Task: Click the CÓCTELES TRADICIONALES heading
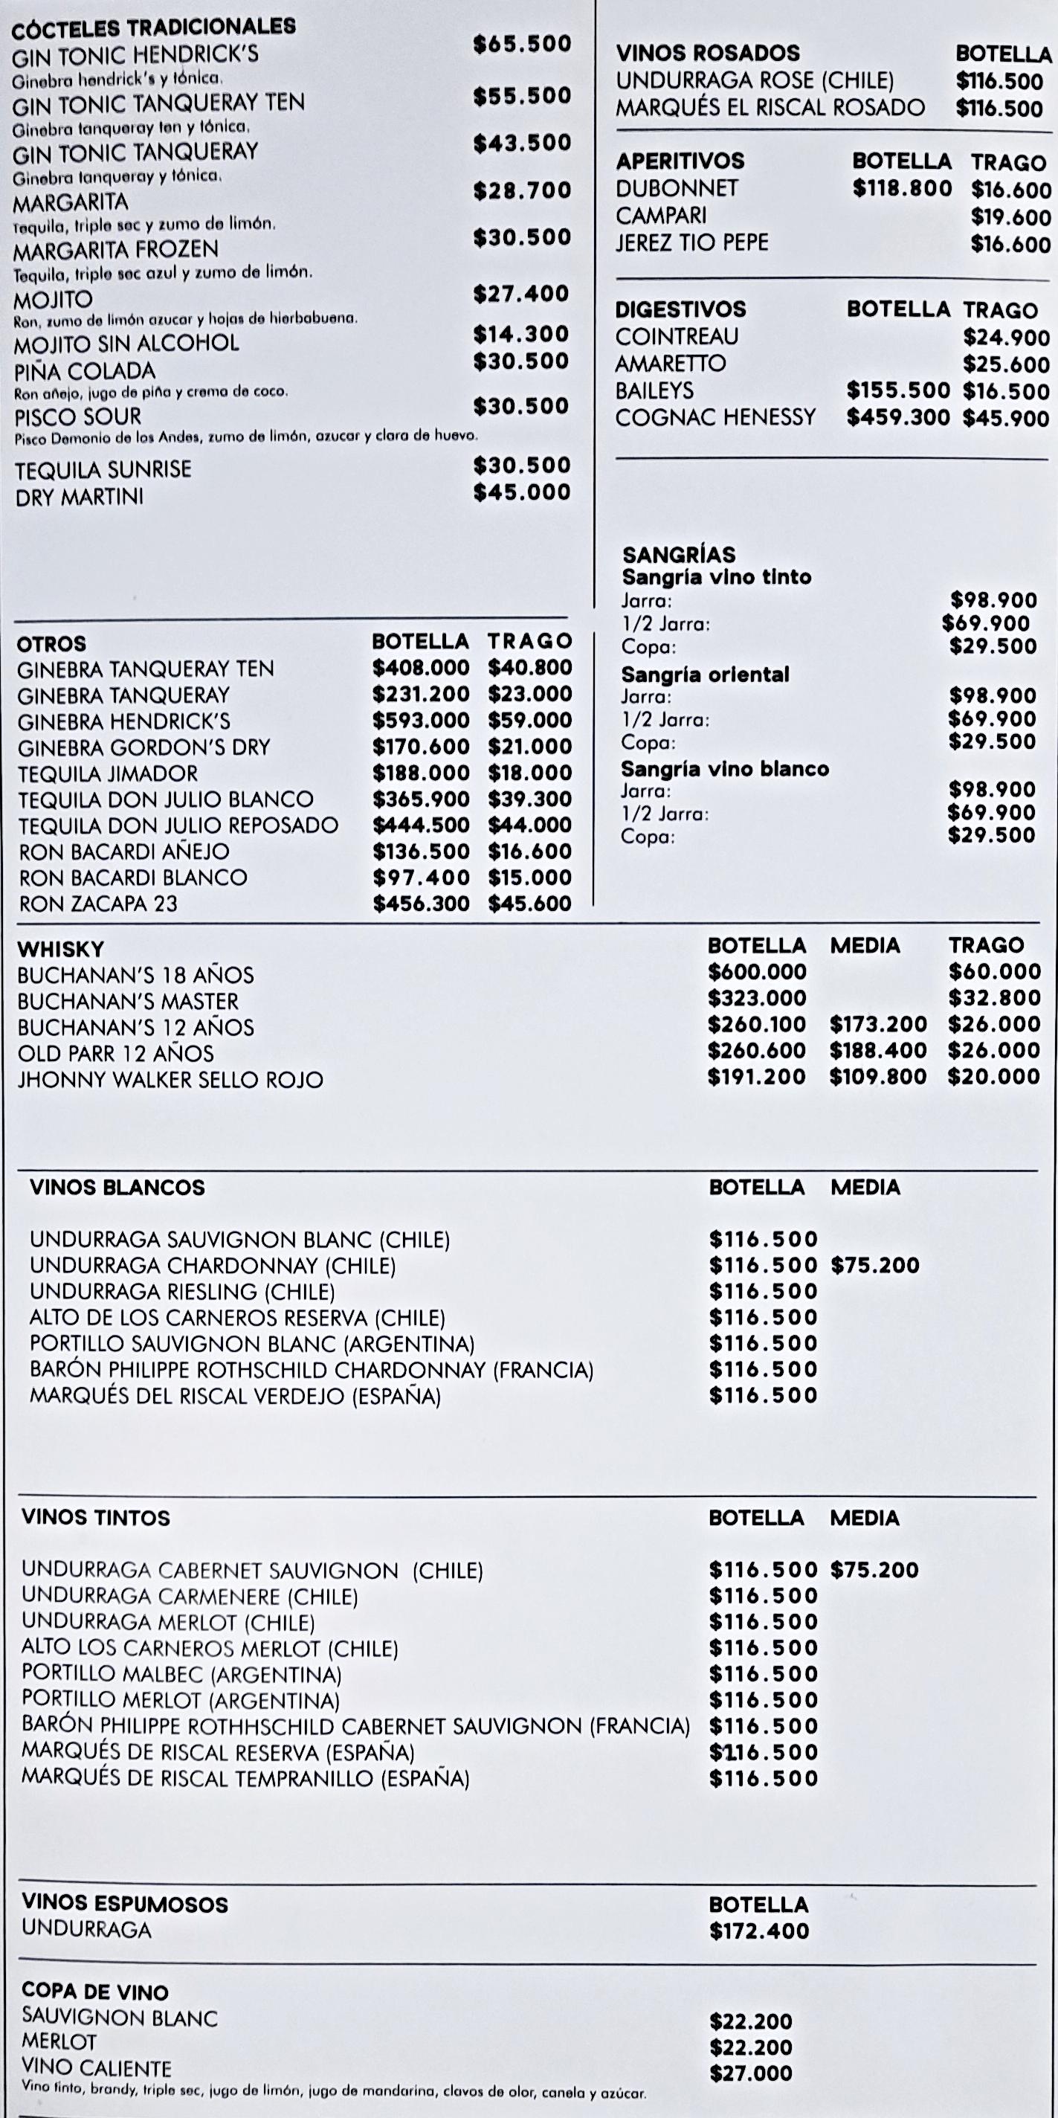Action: [155, 27]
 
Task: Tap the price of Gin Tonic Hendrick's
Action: [521, 44]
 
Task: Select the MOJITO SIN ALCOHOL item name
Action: [126, 343]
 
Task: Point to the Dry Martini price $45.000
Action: [521, 492]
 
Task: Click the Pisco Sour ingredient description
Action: [246, 437]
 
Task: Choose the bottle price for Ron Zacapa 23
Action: [421, 904]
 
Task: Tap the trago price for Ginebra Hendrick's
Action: [529, 720]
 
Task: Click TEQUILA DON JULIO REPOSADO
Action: [178, 825]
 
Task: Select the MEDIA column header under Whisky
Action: [865, 945]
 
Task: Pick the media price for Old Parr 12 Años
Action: [877, 1051]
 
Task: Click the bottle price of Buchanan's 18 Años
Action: [756, 972]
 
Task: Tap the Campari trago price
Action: [1010, 217]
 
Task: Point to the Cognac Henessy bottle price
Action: [897, 418]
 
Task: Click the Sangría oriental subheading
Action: [705, 675]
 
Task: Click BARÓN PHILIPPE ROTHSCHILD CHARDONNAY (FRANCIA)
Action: [312, 1370]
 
